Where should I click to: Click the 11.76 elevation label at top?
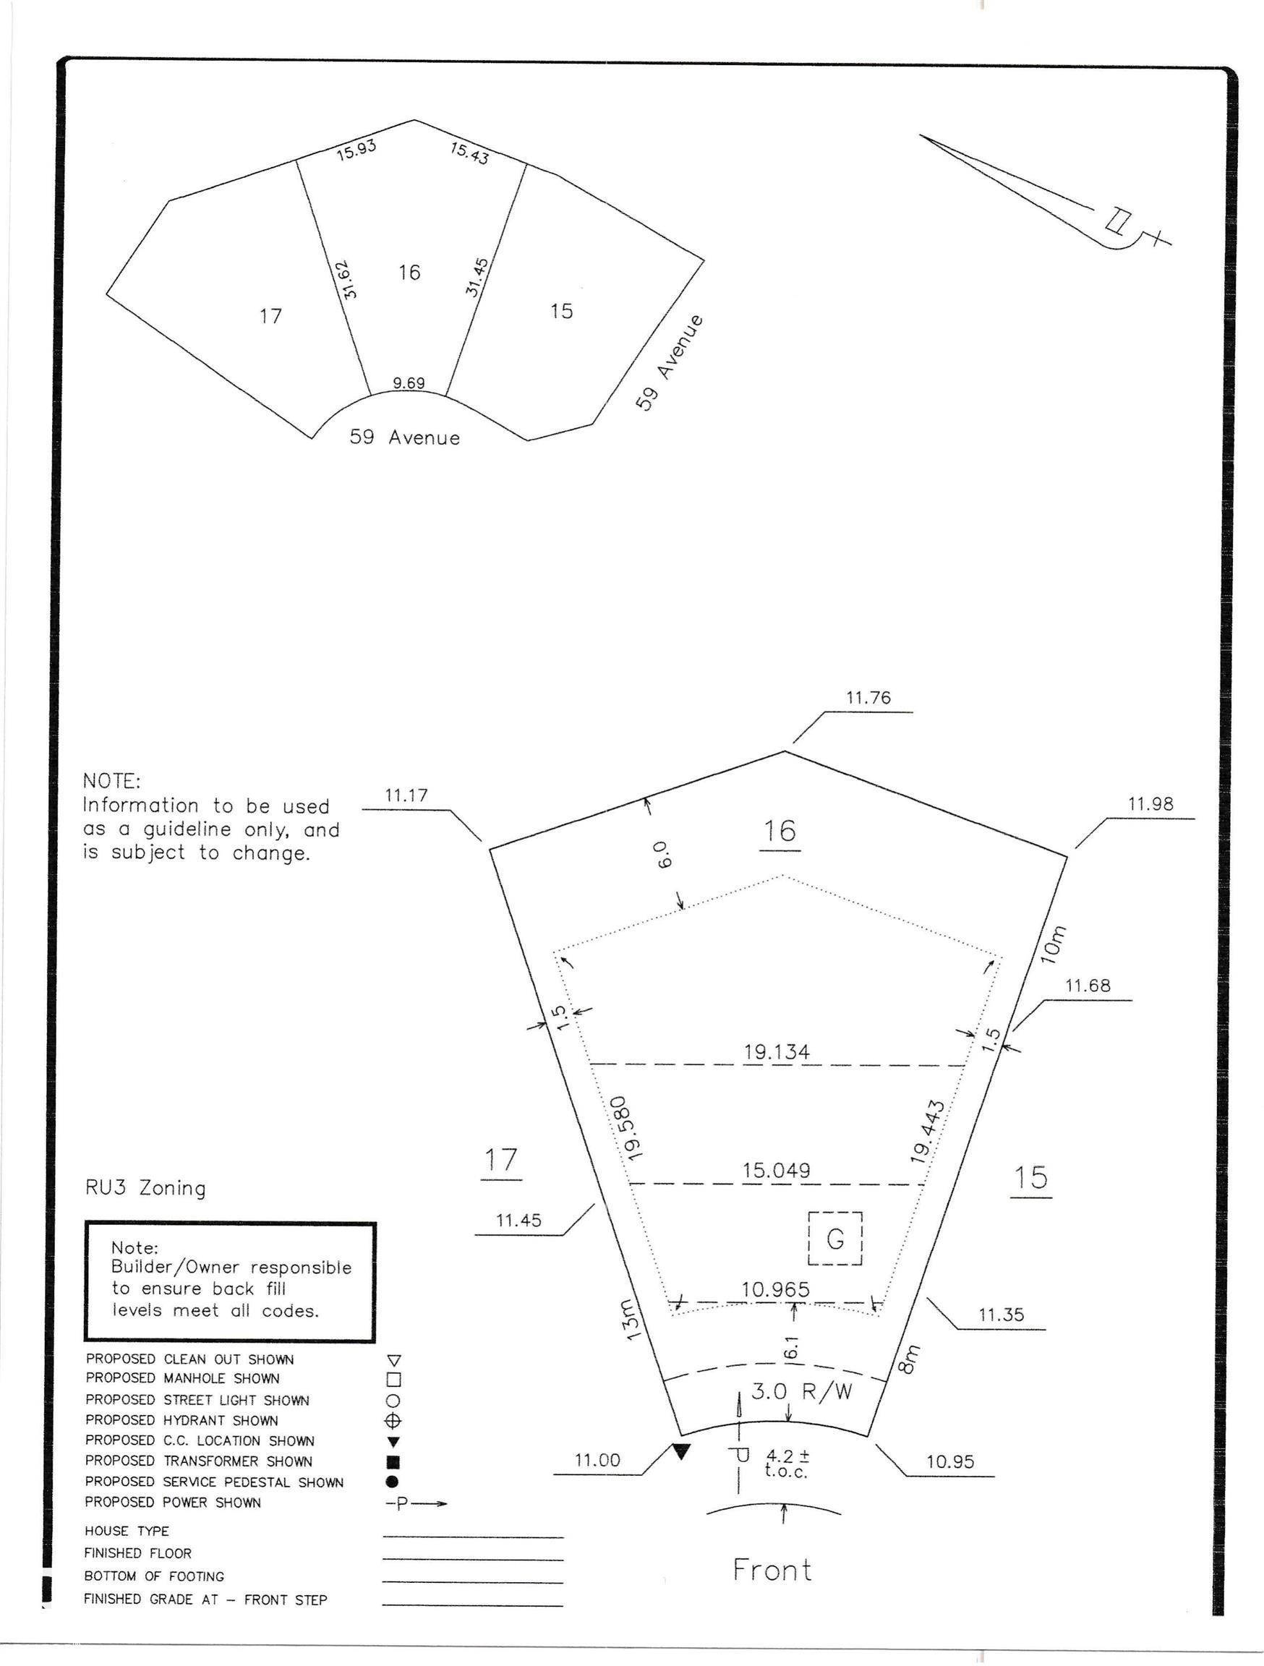868,699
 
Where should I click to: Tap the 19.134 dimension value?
777,1051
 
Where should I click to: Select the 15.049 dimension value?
776,1171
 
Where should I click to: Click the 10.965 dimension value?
775,1289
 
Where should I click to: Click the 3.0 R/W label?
801,1392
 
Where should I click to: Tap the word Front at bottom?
772,1571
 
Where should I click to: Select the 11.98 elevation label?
1150,804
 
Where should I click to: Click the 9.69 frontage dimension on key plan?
409,383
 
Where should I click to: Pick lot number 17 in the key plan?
270,315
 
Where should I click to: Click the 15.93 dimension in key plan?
356,150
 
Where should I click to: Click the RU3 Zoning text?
145,1189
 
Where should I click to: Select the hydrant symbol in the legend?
393,1421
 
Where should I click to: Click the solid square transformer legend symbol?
393,1463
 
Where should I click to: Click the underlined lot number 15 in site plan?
1030,1178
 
